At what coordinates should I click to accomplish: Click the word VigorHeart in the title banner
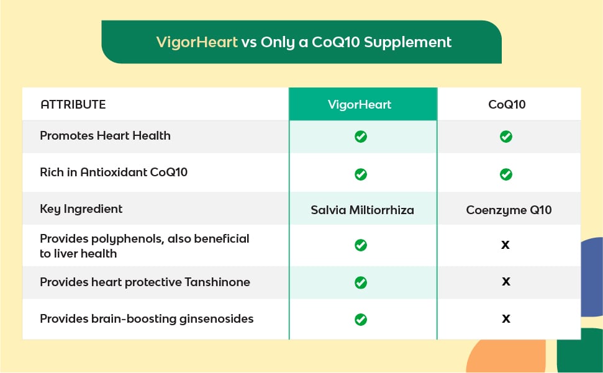(x=196, y=42)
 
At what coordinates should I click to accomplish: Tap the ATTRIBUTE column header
(x=73, y=104)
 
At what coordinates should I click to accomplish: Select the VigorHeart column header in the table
(x=360, y=104)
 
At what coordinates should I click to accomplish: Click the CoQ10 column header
(x=507, y=104)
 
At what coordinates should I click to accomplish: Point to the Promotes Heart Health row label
(x=105, y=135)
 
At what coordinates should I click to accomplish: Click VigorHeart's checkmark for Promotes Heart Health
(x=361, y=137)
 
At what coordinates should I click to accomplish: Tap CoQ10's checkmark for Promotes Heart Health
(x=506, y=137)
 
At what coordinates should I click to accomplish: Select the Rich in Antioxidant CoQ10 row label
(x=114, y=172)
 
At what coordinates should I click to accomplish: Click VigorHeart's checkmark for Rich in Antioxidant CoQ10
(x=361, y=174)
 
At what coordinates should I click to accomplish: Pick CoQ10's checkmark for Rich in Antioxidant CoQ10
(x=506, y=174)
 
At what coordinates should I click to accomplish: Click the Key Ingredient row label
(x=81, y=209)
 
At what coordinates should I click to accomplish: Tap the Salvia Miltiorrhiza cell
(x=362, y=210)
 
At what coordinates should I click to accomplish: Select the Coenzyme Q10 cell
(x=509, y=210)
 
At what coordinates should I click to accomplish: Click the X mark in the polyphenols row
(x=506, y=245)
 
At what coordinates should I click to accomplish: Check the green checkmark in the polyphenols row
(x=361, y=245)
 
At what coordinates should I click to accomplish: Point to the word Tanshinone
(x=217, y=282)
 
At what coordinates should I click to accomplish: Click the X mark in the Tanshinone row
(x=506, y=282)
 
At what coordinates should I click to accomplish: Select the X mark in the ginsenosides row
(x=506, y=318)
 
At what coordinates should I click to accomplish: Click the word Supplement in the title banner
(x=407, y=42)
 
